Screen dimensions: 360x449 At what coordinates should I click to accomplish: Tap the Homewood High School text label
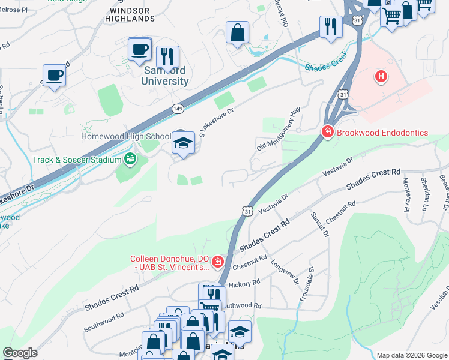click(126, 137)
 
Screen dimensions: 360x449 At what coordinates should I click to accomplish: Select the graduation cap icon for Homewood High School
click(184, 143)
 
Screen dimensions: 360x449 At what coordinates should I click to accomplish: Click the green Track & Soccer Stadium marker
click(129, 159)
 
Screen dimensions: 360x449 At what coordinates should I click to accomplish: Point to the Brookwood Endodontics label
click(382, 133)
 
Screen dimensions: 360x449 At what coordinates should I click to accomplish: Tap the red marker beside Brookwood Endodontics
click(327, 131)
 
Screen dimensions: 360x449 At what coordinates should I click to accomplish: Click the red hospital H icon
click(380, 76)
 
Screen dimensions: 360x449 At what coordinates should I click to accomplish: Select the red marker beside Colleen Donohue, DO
click(217, 262)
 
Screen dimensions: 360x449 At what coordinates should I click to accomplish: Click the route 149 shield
click(178, 108)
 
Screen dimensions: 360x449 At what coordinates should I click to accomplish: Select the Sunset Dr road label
click(319, 224)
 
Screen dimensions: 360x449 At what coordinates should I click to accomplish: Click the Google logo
click(20, 352)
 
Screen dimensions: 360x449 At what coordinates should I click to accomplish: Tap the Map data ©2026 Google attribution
click(411, 355)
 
